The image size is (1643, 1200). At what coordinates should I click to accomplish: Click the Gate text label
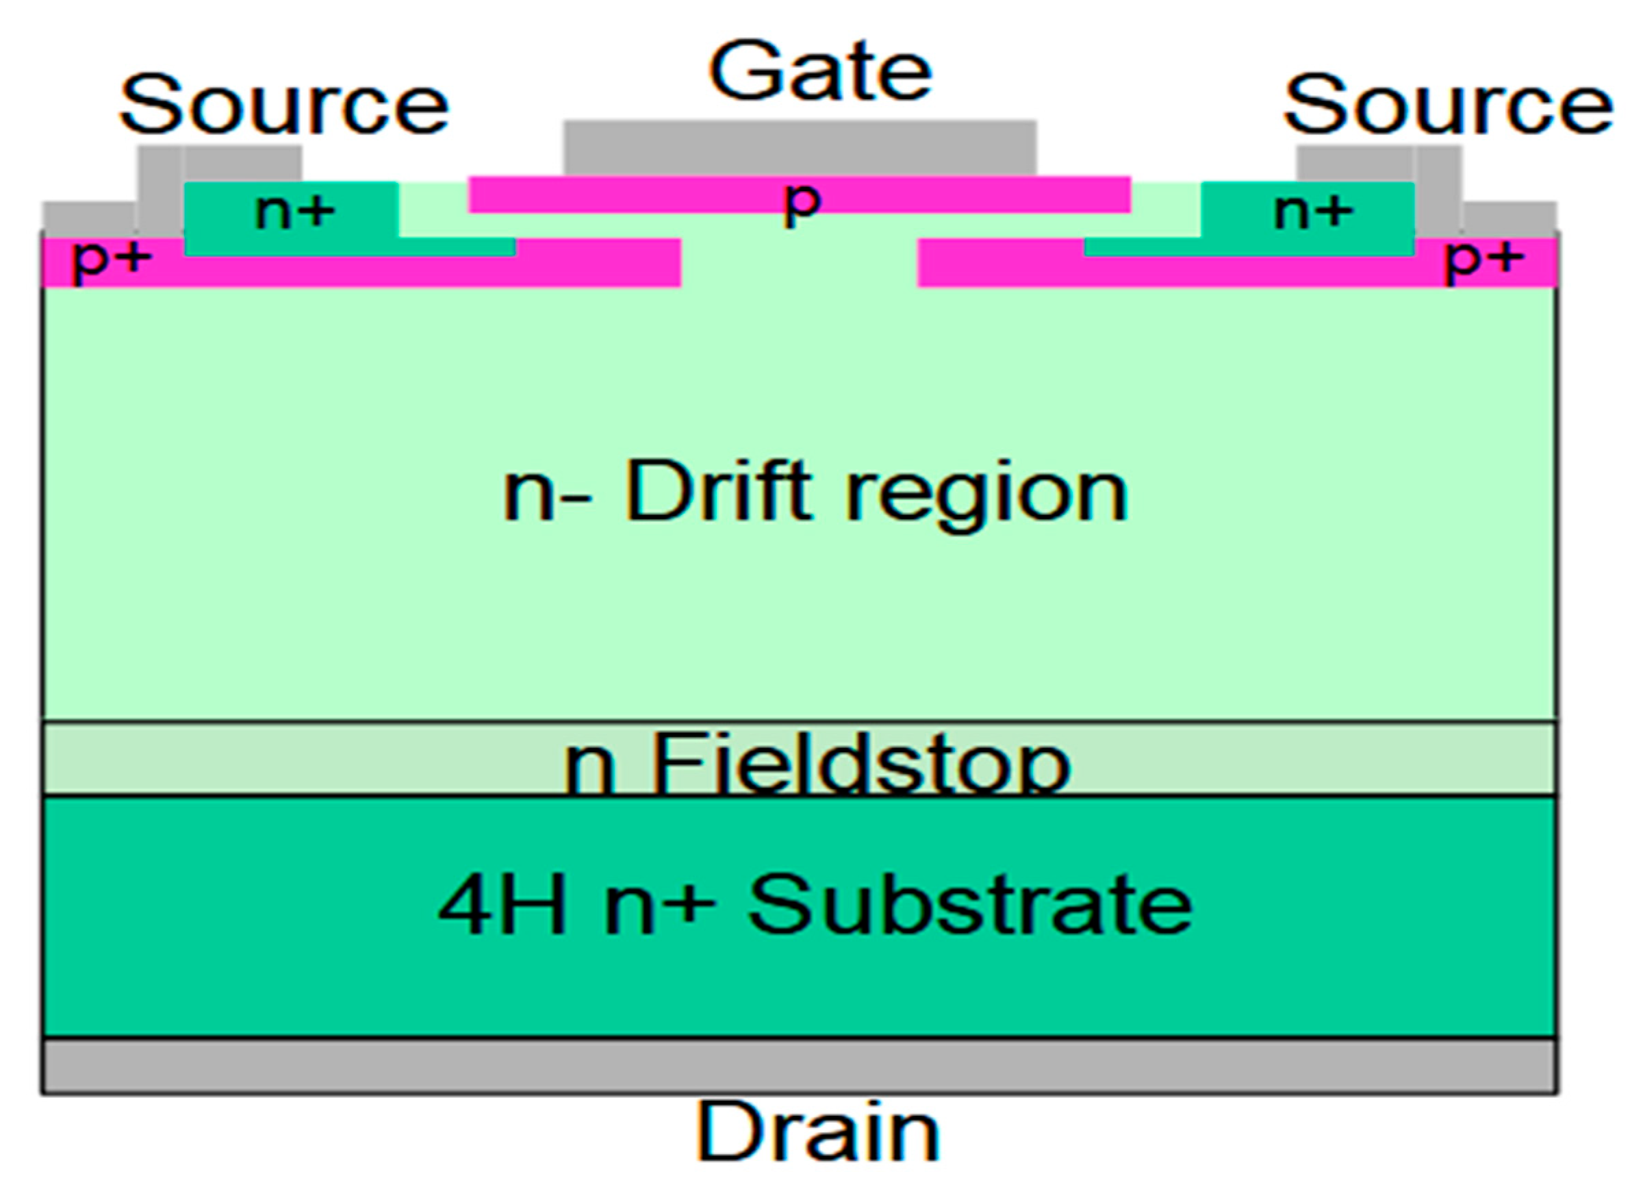(819, 73)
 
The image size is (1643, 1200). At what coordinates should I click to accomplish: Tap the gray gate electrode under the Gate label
(800, 148)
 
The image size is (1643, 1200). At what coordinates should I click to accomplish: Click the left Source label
(284, 106)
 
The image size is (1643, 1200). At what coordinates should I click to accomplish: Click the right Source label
(1448, 106)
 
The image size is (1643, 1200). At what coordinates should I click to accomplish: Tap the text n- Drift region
(815, 495)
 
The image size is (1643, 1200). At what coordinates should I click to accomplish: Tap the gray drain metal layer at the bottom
(799, 1066)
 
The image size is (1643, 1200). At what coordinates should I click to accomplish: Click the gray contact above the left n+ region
(242, 163)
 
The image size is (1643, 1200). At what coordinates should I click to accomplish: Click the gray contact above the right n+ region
(1355, 163)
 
